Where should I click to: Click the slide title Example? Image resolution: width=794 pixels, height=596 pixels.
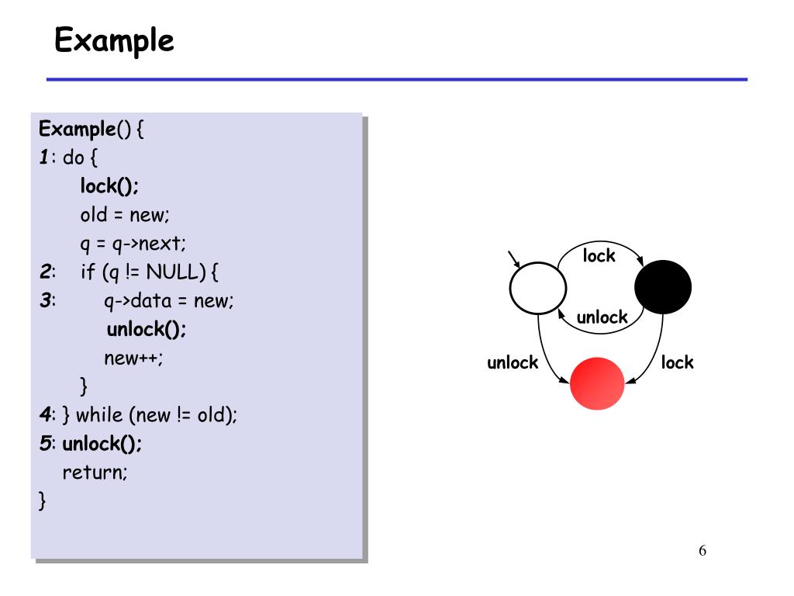(114, 40)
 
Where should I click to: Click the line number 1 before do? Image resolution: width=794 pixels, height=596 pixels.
(44, 158)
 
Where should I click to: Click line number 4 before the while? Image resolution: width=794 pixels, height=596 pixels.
(45, 415)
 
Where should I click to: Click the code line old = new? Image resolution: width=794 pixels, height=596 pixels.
(119, 215)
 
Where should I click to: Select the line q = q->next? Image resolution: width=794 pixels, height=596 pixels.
(133, 244)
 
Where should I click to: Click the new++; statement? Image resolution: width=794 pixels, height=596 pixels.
(133, 358)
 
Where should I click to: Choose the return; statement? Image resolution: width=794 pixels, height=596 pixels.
(95, 472)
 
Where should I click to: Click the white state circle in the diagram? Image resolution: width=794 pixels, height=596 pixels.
(538, 288)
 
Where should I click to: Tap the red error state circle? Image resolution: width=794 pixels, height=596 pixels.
(597, 383)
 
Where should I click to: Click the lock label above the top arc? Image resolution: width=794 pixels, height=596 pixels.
(599, 256)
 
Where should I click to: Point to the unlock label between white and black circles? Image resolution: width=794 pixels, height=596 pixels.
(602, 317)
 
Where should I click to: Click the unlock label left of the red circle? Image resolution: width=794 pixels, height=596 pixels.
(513, 362)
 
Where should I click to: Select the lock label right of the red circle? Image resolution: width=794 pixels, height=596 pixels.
(678, 362)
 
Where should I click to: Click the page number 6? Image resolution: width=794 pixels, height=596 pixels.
(703, 551)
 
